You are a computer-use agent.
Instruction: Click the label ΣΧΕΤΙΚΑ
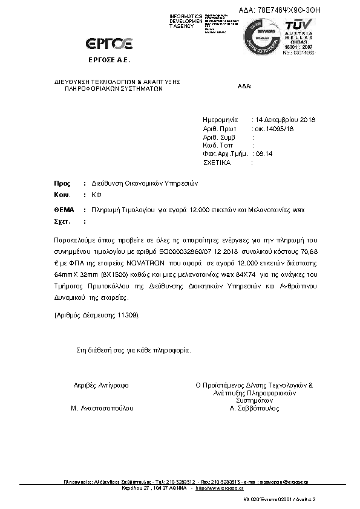coord(218,163)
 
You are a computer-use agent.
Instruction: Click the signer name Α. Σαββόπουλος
coord(254,408)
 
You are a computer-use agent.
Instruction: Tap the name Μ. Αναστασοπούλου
coord(102,408)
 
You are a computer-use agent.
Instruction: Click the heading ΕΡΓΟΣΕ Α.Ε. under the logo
coord(110,61)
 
